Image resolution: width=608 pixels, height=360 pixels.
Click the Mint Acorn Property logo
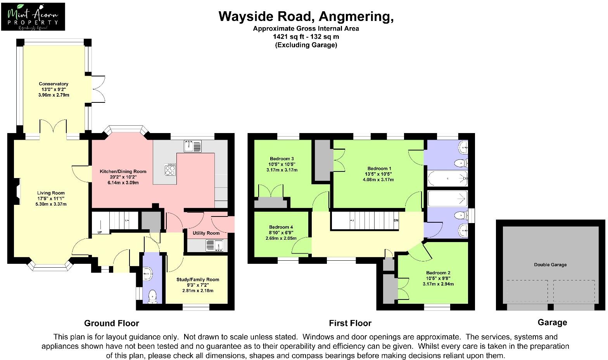33,17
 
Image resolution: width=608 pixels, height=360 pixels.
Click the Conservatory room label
54,84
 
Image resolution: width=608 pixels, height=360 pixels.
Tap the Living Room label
51,193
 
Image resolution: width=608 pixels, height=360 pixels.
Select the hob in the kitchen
169,170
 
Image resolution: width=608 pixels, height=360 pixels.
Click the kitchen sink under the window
193,146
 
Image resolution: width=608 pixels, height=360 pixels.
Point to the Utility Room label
206,233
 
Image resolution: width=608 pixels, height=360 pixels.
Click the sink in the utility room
214,246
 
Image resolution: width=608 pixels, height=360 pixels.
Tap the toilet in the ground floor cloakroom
152,297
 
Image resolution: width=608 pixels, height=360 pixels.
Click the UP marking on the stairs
100,232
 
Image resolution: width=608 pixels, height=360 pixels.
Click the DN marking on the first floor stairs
396,220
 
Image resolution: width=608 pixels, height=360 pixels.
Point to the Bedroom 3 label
282,159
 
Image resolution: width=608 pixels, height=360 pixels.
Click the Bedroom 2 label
438,273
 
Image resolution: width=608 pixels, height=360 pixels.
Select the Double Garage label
550,265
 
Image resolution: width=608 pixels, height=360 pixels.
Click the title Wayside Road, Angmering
306,16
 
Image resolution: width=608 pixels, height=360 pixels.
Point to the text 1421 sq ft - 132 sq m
306,37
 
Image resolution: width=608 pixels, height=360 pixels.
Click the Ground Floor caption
112,323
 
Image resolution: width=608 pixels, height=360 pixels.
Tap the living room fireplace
16,194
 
